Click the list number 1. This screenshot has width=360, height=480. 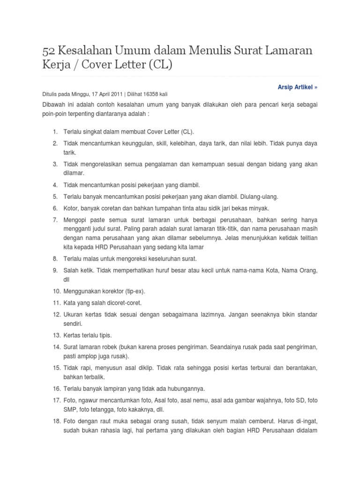tap(54, 131)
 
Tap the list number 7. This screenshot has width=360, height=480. tap(54, 219)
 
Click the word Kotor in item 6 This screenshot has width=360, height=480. tap(72, 208)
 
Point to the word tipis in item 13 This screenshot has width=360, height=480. tap(104, 335)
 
